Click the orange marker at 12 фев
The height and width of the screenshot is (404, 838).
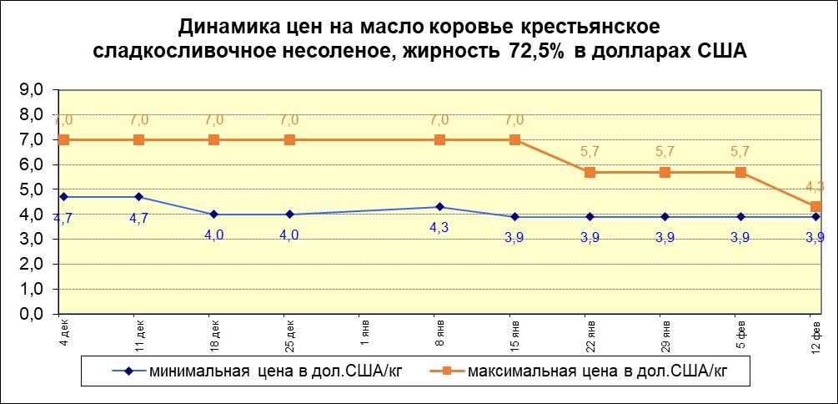point(815,206)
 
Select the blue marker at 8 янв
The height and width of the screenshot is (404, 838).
point(439,207)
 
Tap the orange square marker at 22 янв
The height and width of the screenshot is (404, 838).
point(590,172)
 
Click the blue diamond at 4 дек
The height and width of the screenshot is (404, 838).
point(63,197)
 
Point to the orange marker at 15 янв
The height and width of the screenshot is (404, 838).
point(515,139)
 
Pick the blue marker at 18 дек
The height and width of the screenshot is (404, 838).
point(213,215)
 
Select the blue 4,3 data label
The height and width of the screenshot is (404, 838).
point(439,226)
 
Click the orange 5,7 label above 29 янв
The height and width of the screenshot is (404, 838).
point(665,154)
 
